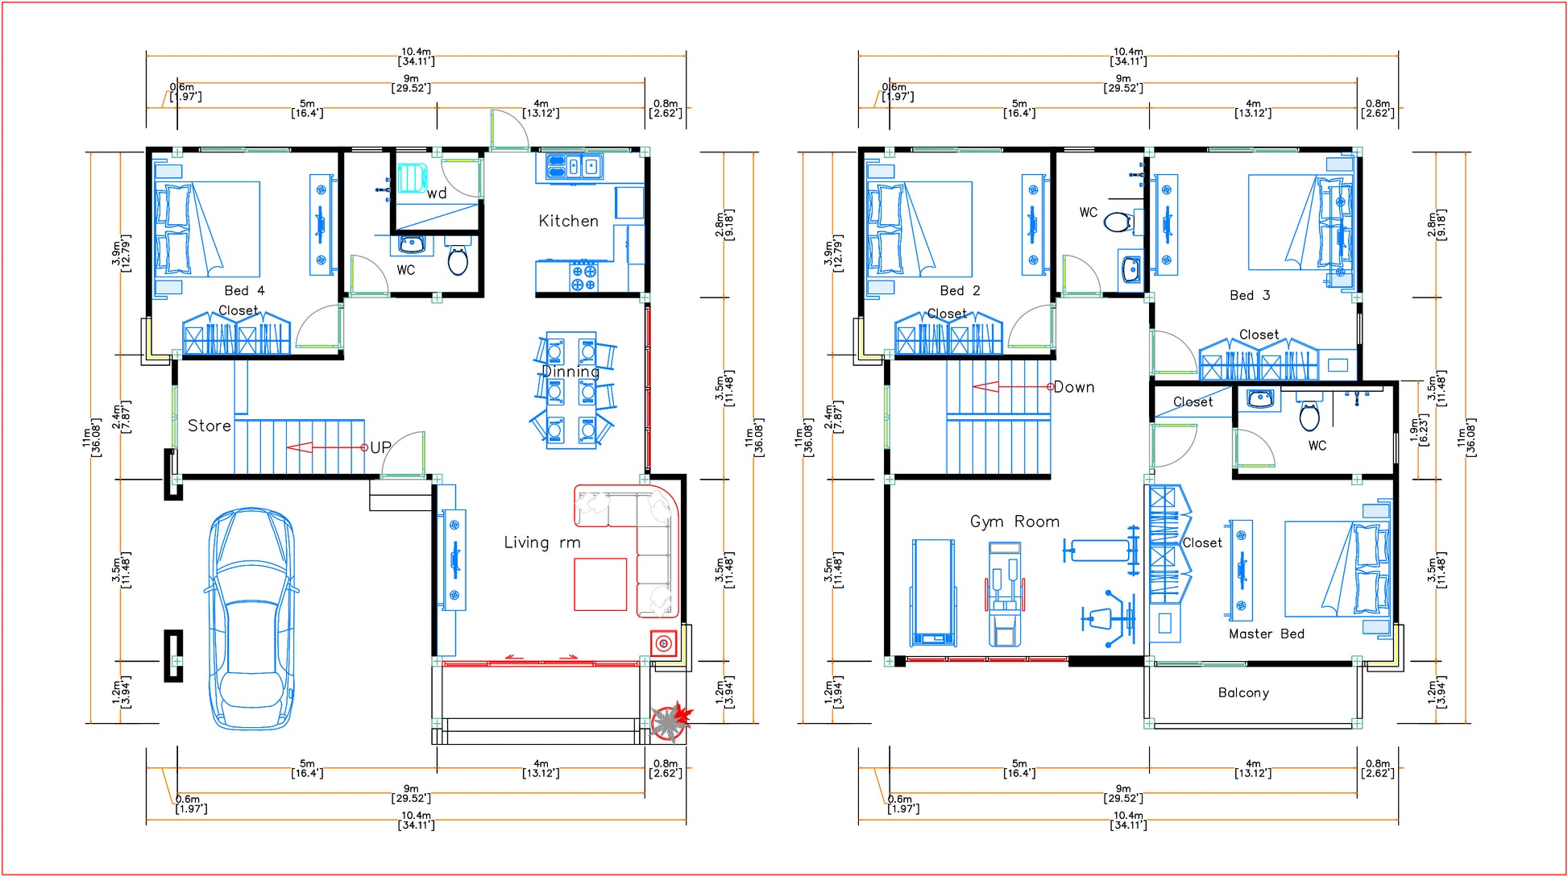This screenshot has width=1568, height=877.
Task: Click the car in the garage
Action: click(x=251, y=619)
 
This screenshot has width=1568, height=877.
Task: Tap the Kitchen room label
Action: click(x=568, y=221)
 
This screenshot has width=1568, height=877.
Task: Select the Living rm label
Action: click(x=541, y=542)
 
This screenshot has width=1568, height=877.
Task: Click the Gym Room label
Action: click(x=1014, y=522)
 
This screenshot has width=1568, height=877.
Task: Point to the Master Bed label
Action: click(x=1266, y=634)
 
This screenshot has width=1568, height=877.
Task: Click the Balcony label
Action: click(x=1243, y=692)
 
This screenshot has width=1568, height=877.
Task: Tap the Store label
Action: click(x=209, y=426)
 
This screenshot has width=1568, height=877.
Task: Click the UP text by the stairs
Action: click(x=380, y=447)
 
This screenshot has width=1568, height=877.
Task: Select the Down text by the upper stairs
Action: click(x=1074, y=387)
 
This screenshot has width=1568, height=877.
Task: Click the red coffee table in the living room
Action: click(x=600, y=584)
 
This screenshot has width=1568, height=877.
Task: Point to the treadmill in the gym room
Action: click(x=933, y=592)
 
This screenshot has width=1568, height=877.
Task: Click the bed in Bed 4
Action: click(x=208, y=230)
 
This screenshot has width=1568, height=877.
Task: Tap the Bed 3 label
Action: click(x=1250, y=295)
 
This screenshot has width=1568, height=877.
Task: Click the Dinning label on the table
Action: click(x=570, y=372)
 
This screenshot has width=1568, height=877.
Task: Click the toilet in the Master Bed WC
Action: click(x=1309, y=416)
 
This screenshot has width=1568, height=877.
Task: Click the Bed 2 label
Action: click(x=960, y=290)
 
